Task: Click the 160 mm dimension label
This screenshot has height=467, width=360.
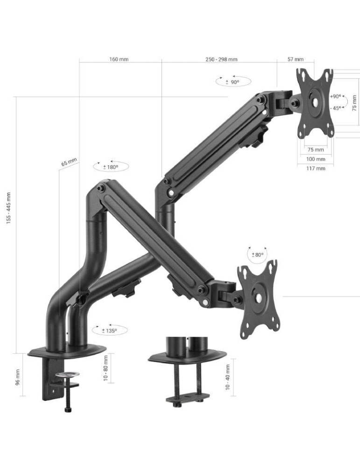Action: [x=119, y=59]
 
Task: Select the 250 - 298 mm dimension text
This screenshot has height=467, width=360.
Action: [x=221, y=59]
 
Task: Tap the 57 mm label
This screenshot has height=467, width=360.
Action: [x=295, y=59]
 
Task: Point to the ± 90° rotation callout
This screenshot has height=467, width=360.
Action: [x=233, y=81]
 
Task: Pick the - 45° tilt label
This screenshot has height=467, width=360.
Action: [x=336, y=108]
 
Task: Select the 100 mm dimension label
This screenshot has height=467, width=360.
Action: [x=316, y=159]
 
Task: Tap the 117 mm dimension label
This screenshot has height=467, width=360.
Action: [x=316, y=168]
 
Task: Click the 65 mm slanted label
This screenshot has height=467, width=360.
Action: [x=69, y=162]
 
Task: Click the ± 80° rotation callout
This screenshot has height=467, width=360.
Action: [x=257, y=255]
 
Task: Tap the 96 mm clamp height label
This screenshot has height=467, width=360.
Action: [x=18, y=376]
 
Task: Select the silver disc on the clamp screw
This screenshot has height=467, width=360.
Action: [x=68, y=374]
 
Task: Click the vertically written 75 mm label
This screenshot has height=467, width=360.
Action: [x=354, y=103]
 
